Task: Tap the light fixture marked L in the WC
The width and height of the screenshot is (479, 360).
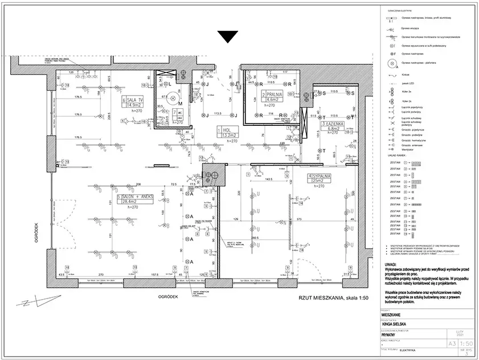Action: (x=170, y=84)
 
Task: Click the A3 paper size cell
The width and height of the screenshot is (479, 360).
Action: (x=451, y=343)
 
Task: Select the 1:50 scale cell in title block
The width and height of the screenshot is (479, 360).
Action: (x=466, y=343)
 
